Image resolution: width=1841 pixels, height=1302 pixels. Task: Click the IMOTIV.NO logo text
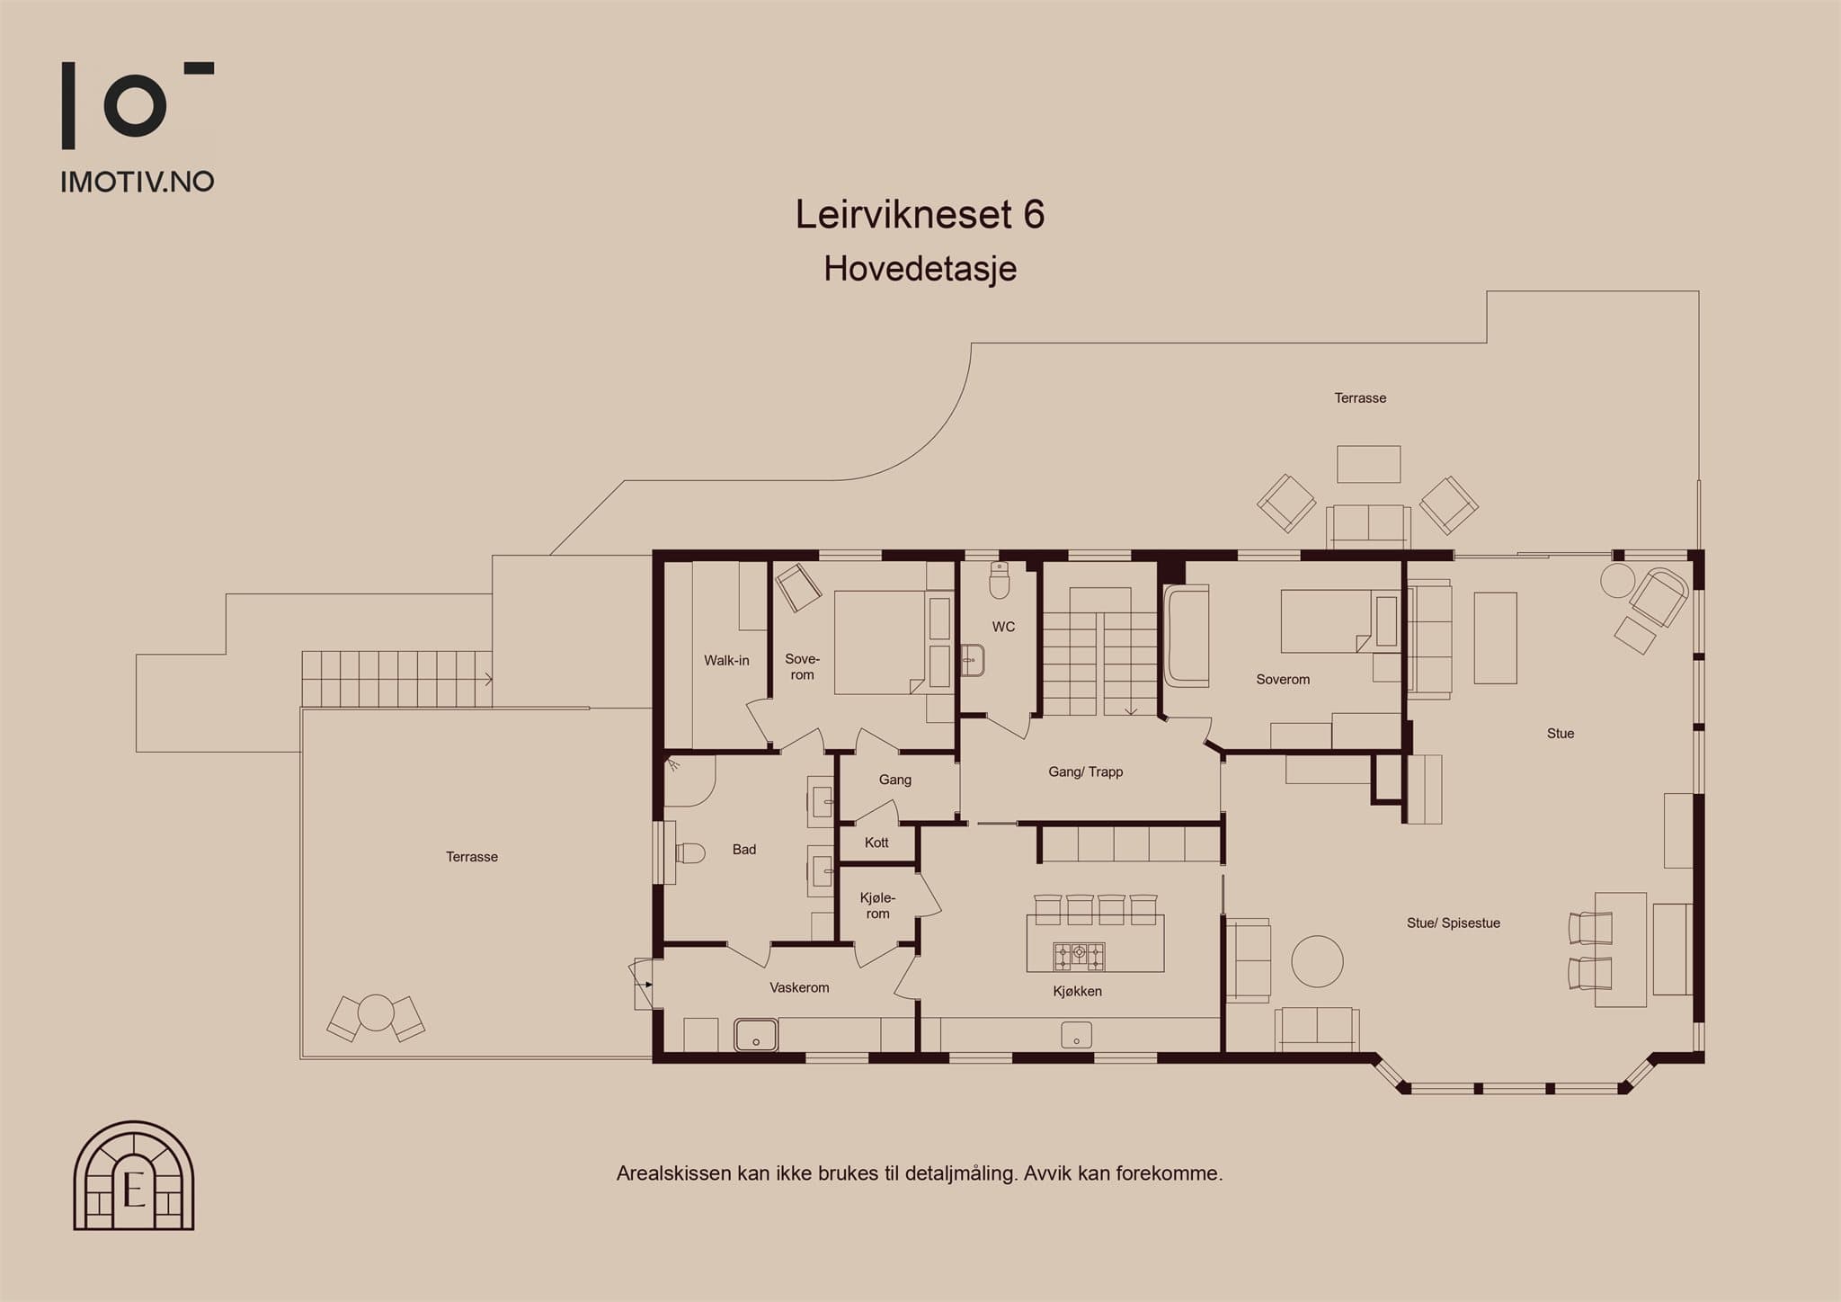tap(138, 182)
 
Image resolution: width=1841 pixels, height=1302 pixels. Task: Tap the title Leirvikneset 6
tap(920, 214)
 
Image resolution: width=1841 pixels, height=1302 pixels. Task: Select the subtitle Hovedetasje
tap(920, 268)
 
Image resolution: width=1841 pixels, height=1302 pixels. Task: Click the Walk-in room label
tap(726, 660)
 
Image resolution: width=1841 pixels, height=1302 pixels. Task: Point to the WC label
tap(1003, 627)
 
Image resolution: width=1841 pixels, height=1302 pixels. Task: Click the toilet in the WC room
tap(1000, 581)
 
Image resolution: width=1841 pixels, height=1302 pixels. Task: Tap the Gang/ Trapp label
tap(1085, 771)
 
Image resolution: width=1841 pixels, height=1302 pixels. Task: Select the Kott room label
tap(876, 843)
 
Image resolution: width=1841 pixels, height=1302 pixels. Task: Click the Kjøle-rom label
tap(877, 905)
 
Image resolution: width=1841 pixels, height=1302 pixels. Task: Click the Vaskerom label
tap(799, 987)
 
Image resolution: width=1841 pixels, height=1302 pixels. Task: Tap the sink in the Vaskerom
tap(756, 1035)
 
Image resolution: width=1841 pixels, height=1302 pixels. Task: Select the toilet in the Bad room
tap(689, 852)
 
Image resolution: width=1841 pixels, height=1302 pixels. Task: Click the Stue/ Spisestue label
tap(1454, 923)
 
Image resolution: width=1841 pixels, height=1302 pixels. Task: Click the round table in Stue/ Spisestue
tap(1317, 961)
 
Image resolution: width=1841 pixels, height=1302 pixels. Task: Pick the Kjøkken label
tap(1077, 991)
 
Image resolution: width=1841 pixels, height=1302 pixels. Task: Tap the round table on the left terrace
tap(376, 1013)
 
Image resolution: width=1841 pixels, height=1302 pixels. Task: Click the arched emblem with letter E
tap(134, 1175)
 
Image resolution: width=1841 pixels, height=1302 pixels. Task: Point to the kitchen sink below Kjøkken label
tap(1076, 1035)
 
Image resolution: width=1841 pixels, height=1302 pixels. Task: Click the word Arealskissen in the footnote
tap(674, 1173)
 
